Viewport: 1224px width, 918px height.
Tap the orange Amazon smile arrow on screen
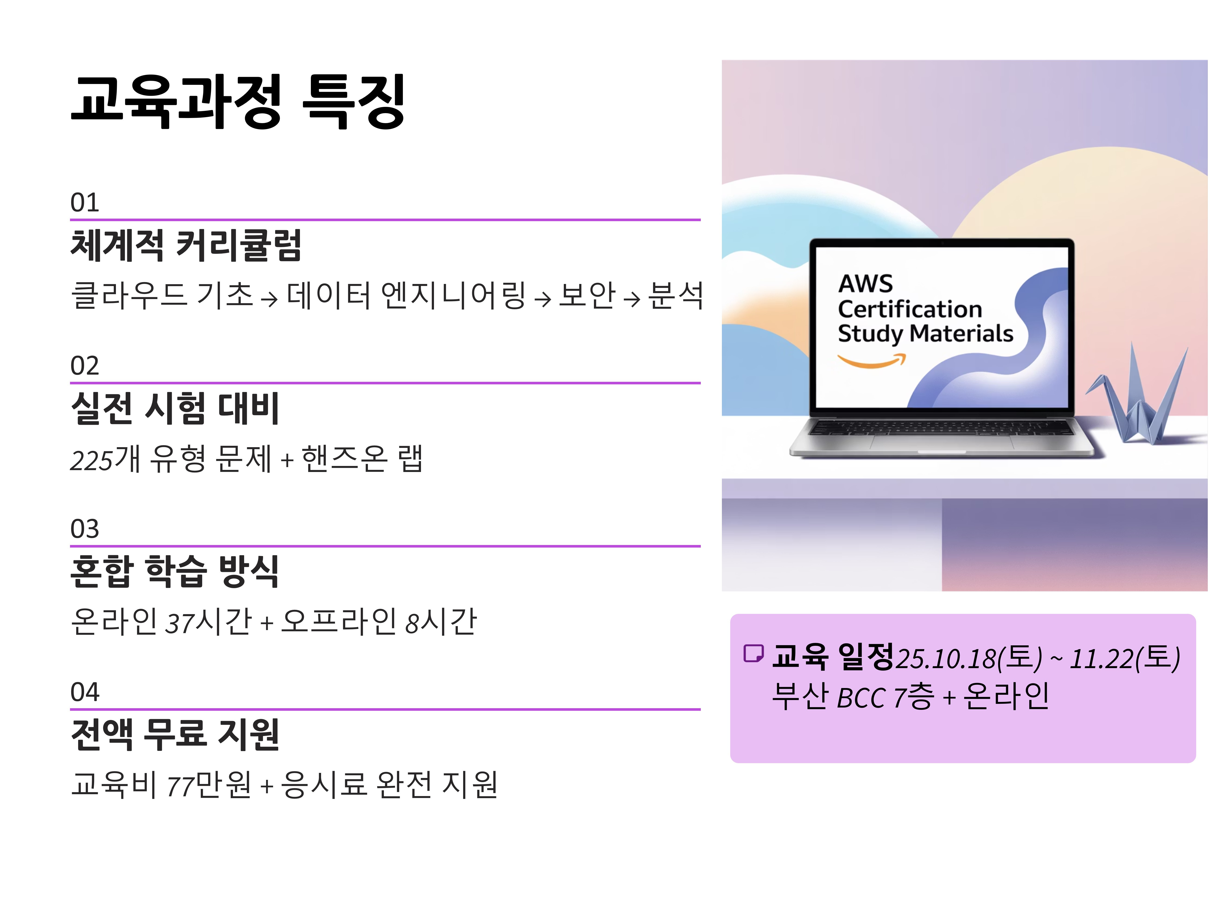[871, 361]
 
